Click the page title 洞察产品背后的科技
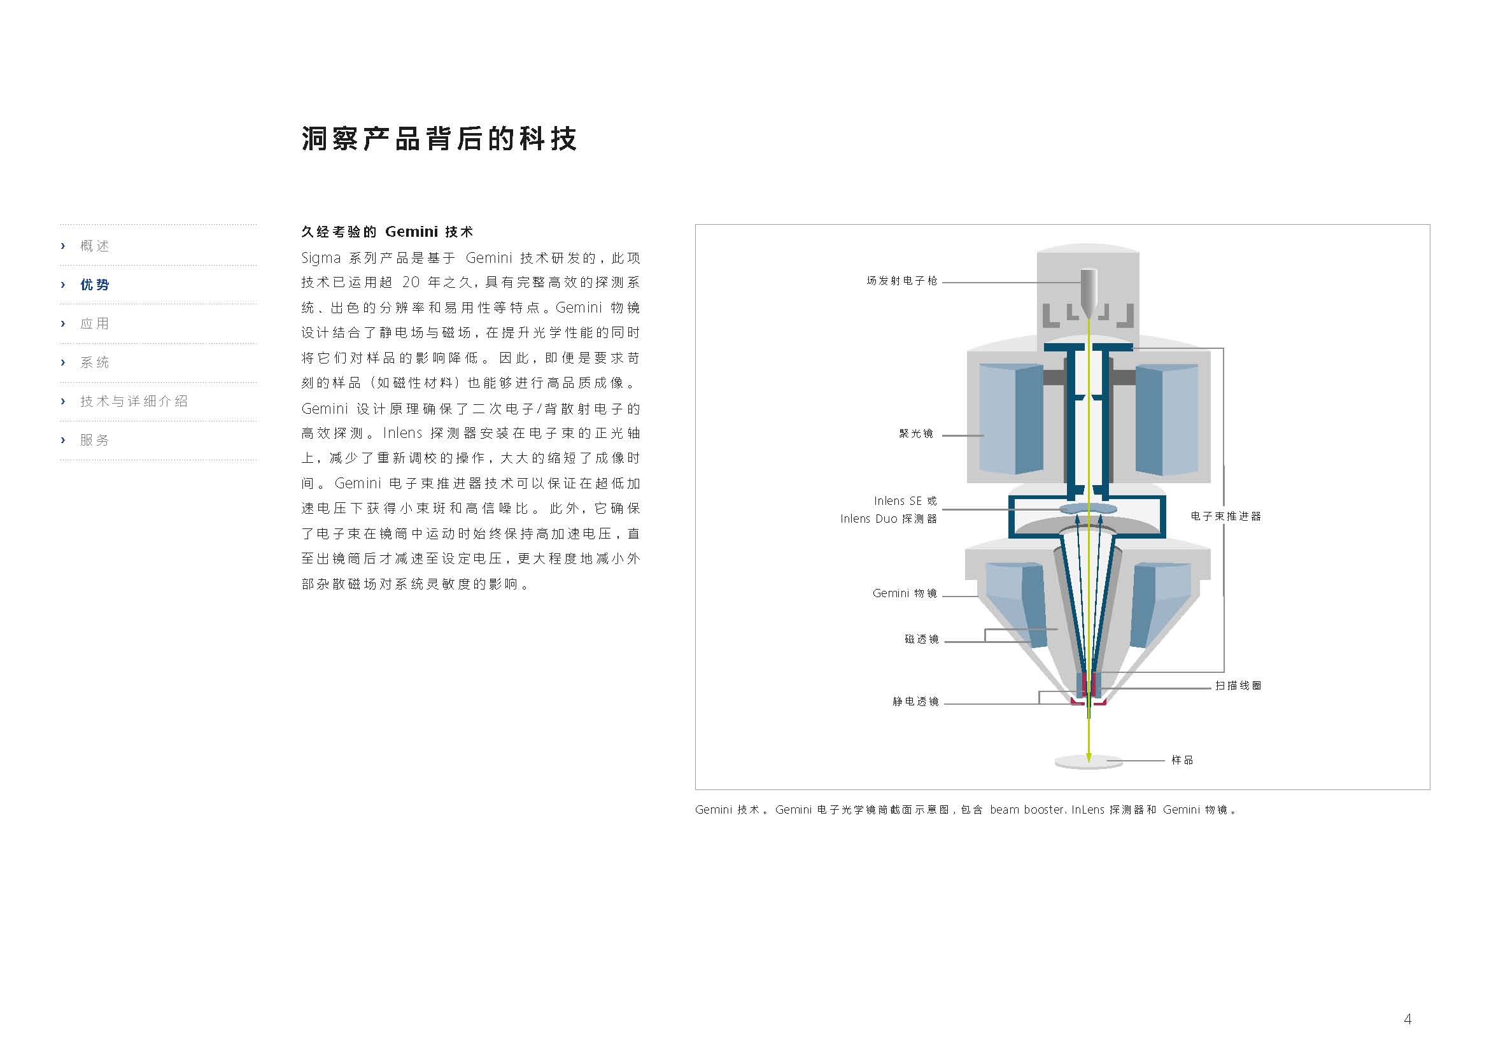click(x=439, y=139)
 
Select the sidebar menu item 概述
click(x=95, y=246)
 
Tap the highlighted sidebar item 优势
click(x=95, y=285)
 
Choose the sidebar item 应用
click(x=95, y=323)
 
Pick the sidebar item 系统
click(x=95, y=362)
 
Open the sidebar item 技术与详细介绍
click(x=134, y=401)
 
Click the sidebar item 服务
click(x=95, y=441)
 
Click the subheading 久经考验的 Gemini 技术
click(x=387, y=232)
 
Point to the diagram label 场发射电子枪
click(x=902, y=281)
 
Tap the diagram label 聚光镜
click(x=915, y=434)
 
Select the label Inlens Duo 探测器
click(x=889, y=519)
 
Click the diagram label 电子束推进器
click(x=1225, y=516)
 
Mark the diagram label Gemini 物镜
click(x=905, y=593)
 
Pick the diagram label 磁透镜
click(x=922, y=639)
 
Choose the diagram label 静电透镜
click(x=915, y=702)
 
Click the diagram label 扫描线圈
click(x=1238, y=686)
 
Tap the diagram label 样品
click(x=1182, y=760)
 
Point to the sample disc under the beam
click(x=1089, y=762)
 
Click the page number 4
click(x=1408, y=1019)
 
